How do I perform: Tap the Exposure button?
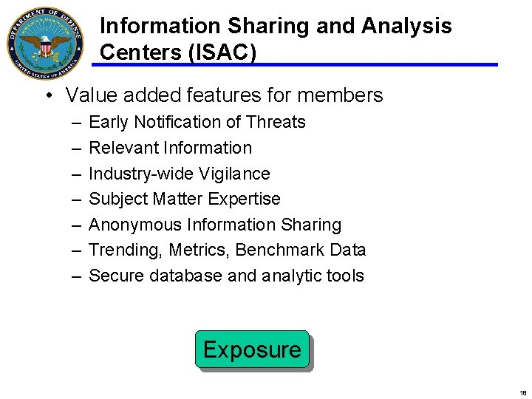[252, 349]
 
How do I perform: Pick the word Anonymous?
[135, 225]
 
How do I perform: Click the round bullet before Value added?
[47, 96]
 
